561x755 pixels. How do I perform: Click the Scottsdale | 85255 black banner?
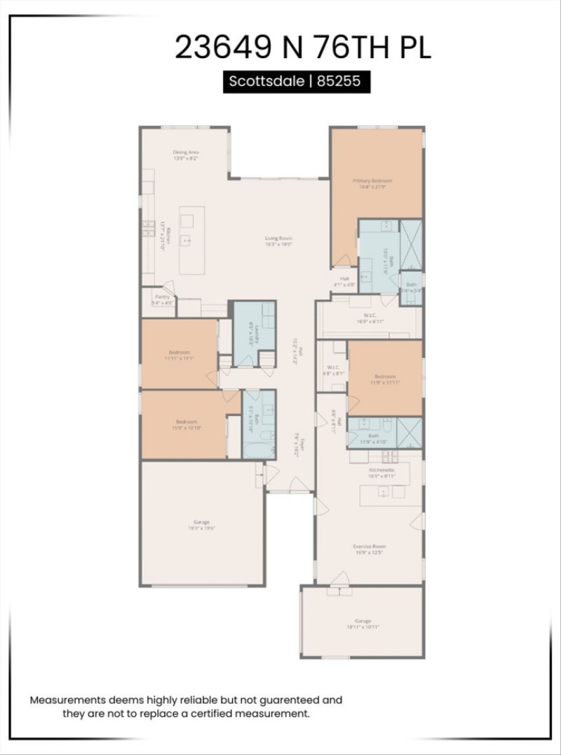point(295,81)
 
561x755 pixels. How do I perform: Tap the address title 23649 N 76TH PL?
point(302,48)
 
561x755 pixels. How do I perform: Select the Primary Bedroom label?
point(372,183)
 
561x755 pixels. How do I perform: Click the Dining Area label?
point(186,155)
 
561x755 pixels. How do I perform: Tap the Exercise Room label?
point(369,549)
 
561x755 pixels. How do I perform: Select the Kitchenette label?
point(381,473)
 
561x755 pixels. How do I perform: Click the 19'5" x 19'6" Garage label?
point(202,525)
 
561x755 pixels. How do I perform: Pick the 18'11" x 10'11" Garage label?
point(363,623)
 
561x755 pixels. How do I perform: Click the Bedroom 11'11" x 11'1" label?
point(180,354)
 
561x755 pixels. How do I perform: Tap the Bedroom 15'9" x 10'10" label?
point(186,424)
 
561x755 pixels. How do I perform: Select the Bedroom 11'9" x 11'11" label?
point(384,379)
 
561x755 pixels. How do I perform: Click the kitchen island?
point(191,240)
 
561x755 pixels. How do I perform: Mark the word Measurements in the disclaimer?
point(67,700)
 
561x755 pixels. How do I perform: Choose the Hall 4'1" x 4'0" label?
point(344,282)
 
